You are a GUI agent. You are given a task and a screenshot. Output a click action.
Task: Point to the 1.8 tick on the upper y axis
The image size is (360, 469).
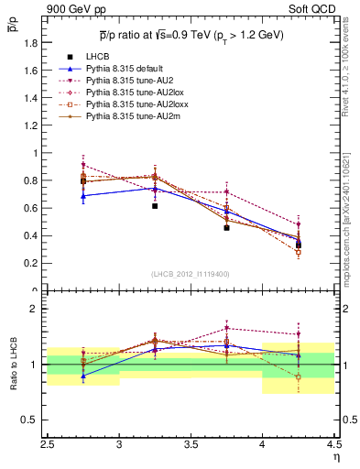click(x=31, y=43)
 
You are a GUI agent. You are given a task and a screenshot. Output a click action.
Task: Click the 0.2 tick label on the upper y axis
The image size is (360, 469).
click(x=31, y=263)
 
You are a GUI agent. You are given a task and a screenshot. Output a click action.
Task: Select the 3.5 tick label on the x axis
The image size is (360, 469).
click(x=191, y=446)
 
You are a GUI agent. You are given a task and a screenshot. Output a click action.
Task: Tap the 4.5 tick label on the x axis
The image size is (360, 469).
click(x=333, y=446)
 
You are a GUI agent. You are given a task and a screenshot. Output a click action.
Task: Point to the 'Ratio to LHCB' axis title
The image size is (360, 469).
click(x=14, y=365)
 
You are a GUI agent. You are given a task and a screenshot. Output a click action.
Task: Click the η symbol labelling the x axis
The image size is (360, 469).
click(x=335, y=457)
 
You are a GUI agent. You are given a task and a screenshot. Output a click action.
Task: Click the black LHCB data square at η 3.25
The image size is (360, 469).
click(x=155, y=206)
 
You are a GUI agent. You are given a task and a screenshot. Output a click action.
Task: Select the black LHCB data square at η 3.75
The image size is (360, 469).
click(x=226, y=227)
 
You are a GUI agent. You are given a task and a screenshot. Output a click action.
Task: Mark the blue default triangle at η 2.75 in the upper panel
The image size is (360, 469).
click(x=83, y=195)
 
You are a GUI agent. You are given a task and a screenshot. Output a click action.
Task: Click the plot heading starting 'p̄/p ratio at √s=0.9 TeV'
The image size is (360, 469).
click(x=191, y=35)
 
